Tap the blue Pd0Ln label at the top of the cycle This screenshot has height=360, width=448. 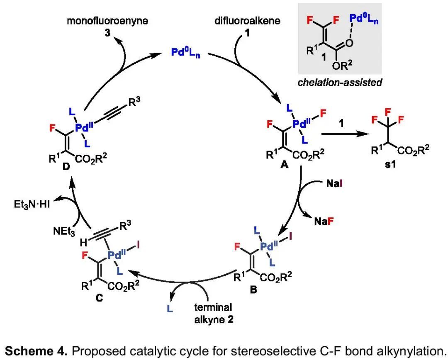click(186, 53)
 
